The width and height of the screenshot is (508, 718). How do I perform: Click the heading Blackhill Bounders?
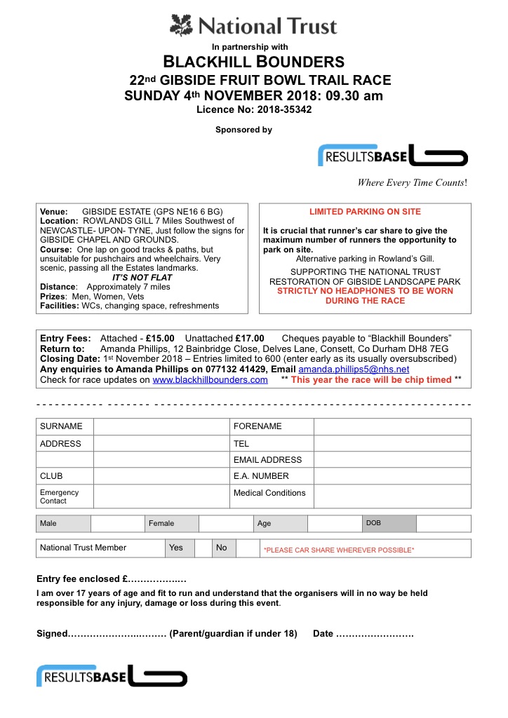[x=254, y=62]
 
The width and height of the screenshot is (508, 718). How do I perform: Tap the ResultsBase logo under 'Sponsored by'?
[x=392, y=156]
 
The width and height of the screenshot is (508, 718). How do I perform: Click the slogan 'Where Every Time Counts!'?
[x=412, y=182]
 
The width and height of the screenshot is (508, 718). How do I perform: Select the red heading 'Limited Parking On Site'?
[x=365, y=212]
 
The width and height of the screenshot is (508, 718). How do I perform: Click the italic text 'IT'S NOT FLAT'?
[x=142, y=278]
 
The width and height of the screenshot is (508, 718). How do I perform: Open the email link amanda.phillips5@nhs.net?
[x=354, y=369]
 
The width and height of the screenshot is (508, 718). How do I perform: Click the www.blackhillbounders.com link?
[x=210, y=379]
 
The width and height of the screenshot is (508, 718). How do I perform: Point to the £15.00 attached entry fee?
[x=160, y=338]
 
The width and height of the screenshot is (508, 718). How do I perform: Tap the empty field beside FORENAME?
[x=392, y=426]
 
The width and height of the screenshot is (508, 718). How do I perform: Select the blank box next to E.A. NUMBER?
[x=392, y=476]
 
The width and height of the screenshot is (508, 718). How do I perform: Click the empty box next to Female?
[x=225, y=524]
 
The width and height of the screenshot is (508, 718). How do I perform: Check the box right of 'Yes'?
[x=203, y=548]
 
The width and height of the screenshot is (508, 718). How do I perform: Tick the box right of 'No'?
[x=246, y=548]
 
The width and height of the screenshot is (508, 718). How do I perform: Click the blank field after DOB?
[x=443, y=524]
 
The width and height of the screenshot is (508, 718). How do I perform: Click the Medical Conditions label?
[x=269, y=493]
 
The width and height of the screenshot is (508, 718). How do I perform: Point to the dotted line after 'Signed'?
[x=116, y=634]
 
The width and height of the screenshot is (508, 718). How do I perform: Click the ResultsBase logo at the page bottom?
[x=112, y=676]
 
